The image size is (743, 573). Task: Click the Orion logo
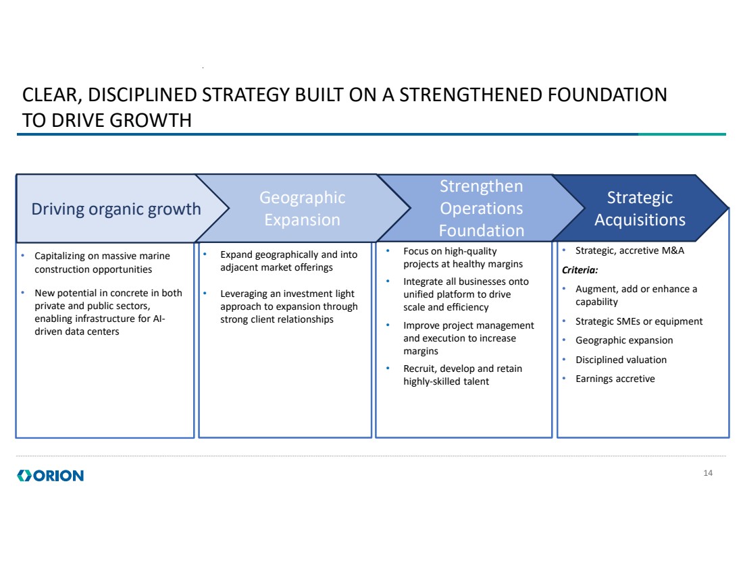click(x=50, y=475)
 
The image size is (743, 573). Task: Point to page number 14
click(x=708, y=473)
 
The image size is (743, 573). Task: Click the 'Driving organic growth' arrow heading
click(x=116, y=209)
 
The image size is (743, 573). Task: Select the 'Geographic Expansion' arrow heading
click(x=303, y=209)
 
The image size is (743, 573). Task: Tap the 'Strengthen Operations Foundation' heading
click(x=482, y=209)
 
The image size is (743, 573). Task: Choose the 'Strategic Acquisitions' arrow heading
click(x=640, y=209)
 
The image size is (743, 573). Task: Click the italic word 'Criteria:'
click(x=580, y=270)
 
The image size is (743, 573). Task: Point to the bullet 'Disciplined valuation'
click(x=621, y=360)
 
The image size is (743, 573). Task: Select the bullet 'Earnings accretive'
click(x=615, y=379)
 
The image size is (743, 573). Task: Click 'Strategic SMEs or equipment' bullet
click(x=639, y=321)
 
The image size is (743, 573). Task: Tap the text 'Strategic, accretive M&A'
click(x=630, y=250)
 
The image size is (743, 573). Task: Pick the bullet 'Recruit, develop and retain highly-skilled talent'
click(x=463, y=375)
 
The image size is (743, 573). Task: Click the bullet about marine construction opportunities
click(x=102, y=263)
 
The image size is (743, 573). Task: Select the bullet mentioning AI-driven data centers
click(x=108, y=312)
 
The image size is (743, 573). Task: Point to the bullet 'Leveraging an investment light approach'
click(x=288, y=306)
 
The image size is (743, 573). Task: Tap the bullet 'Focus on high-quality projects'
click(x=463, y=258)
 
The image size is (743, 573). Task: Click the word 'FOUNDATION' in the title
click(x=607, y=94)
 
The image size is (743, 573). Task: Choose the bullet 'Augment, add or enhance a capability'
click(x=636, y=296)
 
